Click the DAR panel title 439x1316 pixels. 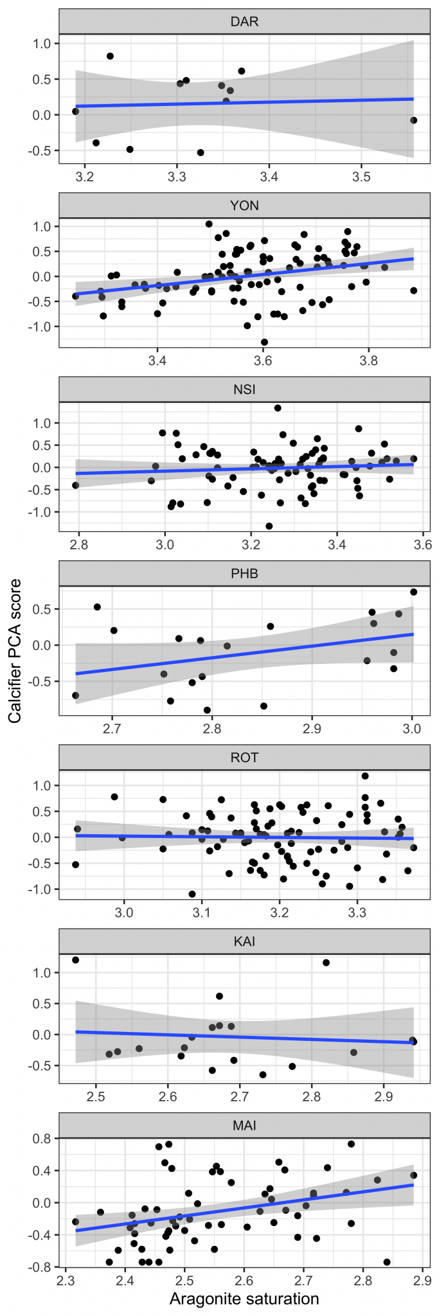pyautogui.click(x=244, y=22)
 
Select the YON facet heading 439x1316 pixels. pyautogui.click(x=244, y=206)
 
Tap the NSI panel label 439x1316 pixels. pyautogui.click(x=244, y=389)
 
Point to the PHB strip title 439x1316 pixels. pyautogui.click(x=244, y=573)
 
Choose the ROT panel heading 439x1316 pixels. pyautogui.click(x=244, y=758)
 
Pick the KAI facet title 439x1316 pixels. pyautogui.click(x=244, y=941)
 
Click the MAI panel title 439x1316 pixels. pyautogui.click(x=244, y=1125)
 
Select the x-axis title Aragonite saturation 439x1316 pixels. pyautogui.click(x=244, y=1299)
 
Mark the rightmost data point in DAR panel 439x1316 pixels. pyautogui.click(x=414, y=120)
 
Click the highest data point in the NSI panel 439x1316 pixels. pyautogui.click(x=278, y=408)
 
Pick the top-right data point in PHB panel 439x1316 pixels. pyautogui.click(x=414, y=592)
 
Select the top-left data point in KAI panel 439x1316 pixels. pyautogui.click(x=76, y=960)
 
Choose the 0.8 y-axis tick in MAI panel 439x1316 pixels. pyautogui.click(x=44, y=1139)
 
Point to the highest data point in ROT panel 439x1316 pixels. pyautogui.click(x=365, y=776)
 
